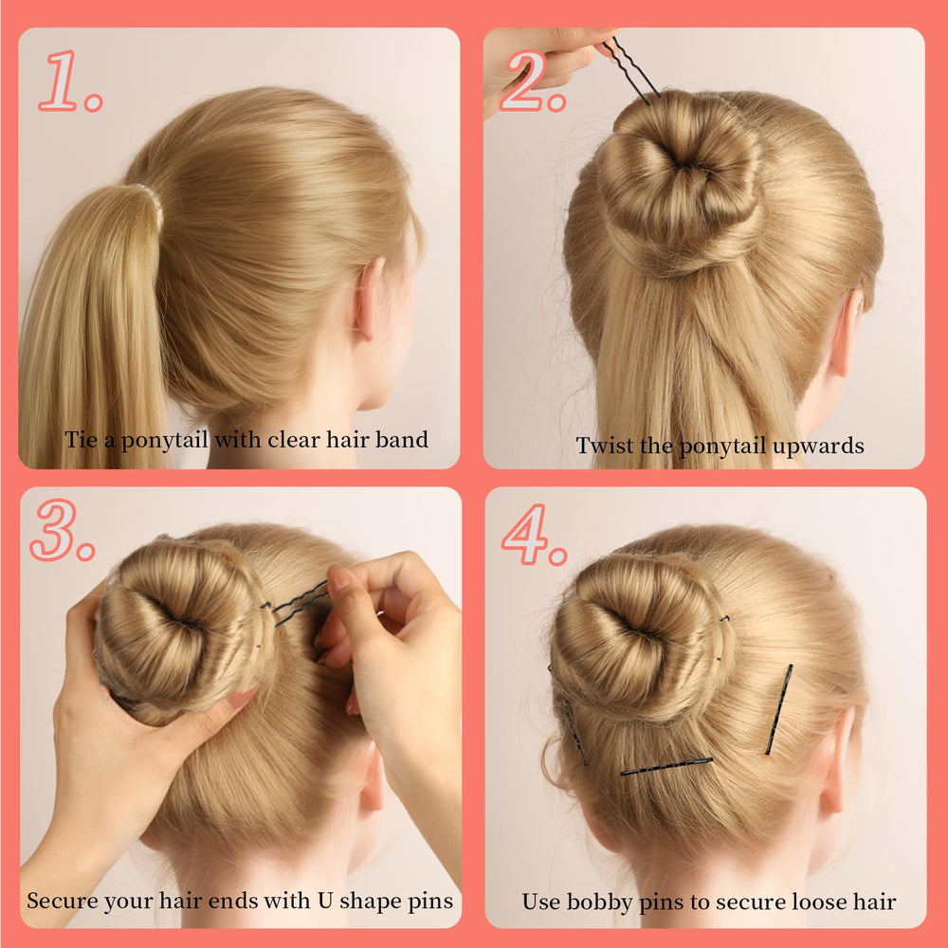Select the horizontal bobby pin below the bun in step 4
coord(666,766)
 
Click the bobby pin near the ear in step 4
coord(779,709)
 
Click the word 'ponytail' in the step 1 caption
coord(164,441)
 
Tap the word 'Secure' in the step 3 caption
coord(62,901)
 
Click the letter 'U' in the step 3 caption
coord(325,901)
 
